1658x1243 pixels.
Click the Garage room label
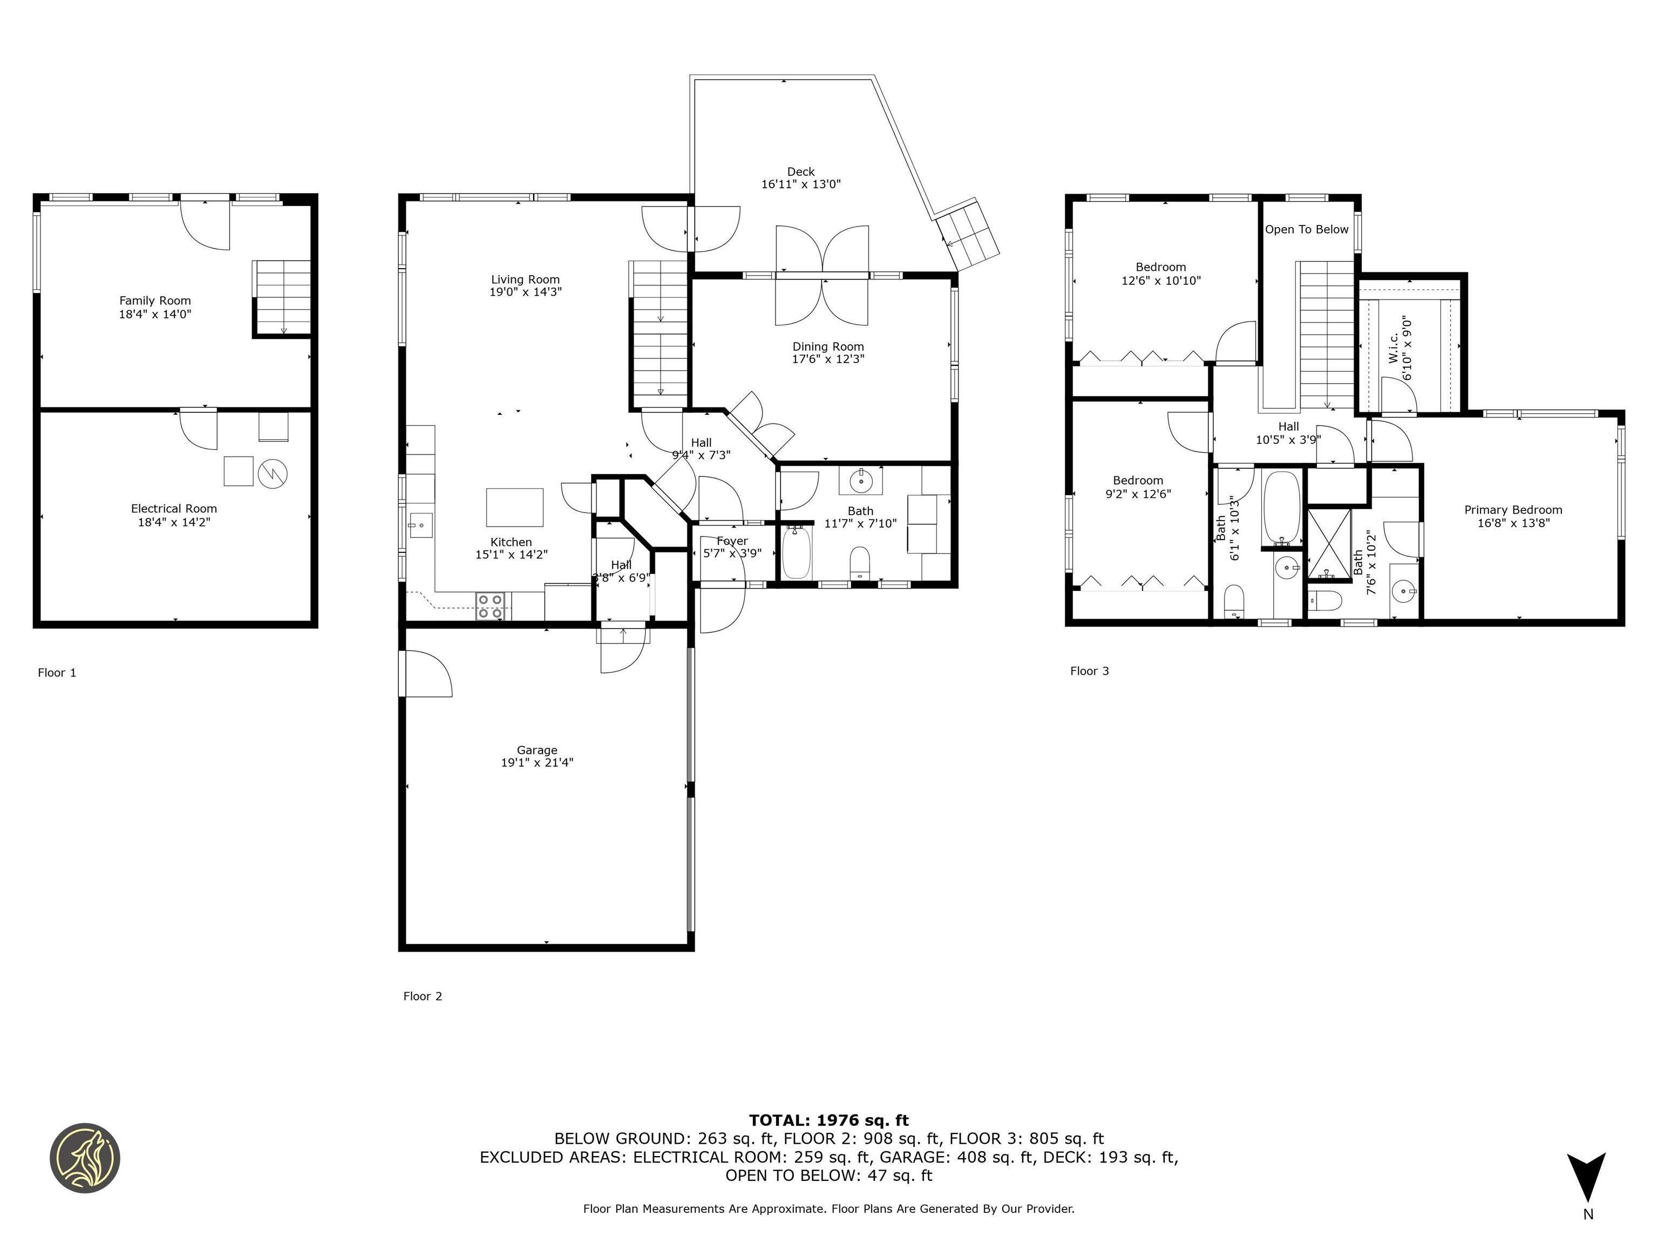pos(536,750)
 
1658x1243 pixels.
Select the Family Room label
pos(155,300)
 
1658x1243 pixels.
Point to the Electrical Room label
pos(174,509)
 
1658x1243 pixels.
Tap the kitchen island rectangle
pos(515,507)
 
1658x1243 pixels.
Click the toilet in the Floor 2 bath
pos(860,563)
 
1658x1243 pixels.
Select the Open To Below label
pos(1307,229)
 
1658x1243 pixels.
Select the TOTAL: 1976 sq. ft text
pos(828,1120)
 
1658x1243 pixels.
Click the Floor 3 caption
pos(1089,671)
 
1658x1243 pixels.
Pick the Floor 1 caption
pos(57,672)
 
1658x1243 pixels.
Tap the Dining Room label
pos(827,346)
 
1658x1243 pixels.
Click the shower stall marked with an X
pos(1329,544)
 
